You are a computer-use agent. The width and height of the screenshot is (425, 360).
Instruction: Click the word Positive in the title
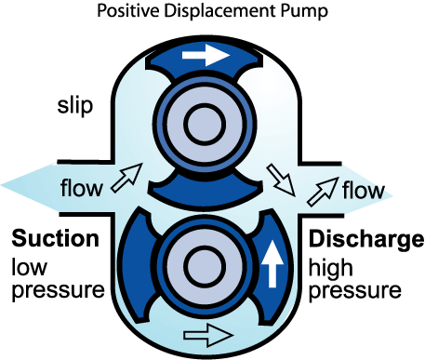coord(128,10)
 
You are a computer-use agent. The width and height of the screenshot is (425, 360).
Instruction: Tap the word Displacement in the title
coord(219,11)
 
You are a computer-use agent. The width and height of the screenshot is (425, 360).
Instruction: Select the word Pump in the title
coord(304,12)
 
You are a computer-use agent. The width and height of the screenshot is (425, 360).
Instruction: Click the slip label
coord(75,106)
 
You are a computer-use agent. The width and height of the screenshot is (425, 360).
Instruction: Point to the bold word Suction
coord(56,238)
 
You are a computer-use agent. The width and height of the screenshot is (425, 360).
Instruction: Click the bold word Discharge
coord(366,239)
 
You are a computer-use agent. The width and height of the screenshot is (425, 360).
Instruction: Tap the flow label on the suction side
coord(81,187)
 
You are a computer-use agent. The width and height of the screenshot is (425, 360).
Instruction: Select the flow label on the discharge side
coord(364,189)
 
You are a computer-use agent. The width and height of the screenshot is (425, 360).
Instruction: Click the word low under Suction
coord(29,267)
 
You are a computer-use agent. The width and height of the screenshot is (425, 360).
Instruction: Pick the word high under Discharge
coord(331,268)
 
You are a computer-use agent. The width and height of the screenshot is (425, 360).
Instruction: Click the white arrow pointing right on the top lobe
coord(206,56)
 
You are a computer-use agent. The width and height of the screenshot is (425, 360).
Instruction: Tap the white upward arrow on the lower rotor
coord(272,264)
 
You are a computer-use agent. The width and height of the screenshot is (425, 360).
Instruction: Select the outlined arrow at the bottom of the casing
coord(208,335)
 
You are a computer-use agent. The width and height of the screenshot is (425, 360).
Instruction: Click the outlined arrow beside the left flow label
coord(126,178)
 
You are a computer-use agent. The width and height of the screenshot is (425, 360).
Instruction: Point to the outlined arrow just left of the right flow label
coord(323,192)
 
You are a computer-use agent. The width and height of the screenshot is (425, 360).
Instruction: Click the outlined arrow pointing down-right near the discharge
coord(281,180)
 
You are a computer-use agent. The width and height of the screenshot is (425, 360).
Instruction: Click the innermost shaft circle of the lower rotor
coord(205,267)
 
